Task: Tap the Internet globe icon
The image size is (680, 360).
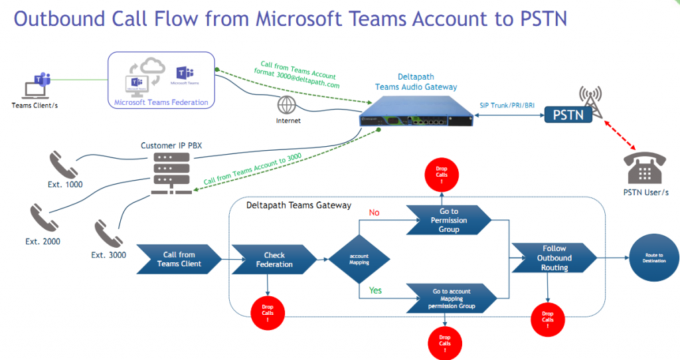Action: coord(288,105)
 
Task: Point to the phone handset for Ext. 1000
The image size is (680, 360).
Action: coord(62,165)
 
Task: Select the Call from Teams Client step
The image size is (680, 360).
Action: coord(179,259)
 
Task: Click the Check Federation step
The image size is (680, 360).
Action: coord(274,260)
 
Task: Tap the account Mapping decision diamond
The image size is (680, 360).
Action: coord(359,259)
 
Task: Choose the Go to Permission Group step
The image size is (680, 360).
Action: coord(449,220)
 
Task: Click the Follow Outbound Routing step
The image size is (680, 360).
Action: coord(554,258)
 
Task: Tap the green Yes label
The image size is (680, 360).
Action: coord(375,290)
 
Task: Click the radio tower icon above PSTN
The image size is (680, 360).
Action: coord(591,98)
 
